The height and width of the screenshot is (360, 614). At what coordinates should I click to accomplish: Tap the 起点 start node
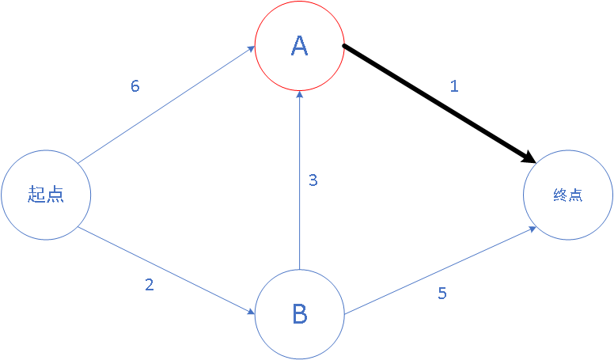pyautogui.click(x=46, y=195)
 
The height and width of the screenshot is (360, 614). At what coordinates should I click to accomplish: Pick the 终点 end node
pyautogui.click(x=568, y=195)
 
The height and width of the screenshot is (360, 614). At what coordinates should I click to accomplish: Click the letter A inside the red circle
pyautogui.click(x=299, y=47)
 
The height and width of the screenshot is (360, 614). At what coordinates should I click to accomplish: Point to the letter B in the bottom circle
pyautogui.click(x=299, y=315)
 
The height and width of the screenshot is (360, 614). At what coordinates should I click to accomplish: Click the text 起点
pyautogui.click(x=46, y=195)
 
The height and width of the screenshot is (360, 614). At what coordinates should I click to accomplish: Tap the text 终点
pyautogui.click(x=568, y=195)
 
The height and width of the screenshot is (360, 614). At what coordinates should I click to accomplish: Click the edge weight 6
pyautogui.click(x=135, y=86)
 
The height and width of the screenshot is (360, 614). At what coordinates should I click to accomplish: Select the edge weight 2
pyautogui.click(x=150, y=285)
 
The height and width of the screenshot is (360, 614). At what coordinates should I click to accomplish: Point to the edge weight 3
pyautogui.click(x=313, y=180)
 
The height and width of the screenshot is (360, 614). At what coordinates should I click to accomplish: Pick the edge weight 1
pyautogui.click(x=453, y=86)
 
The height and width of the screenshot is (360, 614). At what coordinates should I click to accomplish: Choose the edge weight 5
pyautogui.click(x=442, y=294)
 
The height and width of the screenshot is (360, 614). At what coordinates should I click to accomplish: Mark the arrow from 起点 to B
pyautogui.click(x=166, y=271)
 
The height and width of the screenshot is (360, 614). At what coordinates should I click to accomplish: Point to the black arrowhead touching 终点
pyautogui.click(x=529, y=159)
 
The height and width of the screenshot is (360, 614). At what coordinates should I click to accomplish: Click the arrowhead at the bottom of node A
pyautogui.click(x=299, y=95)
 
